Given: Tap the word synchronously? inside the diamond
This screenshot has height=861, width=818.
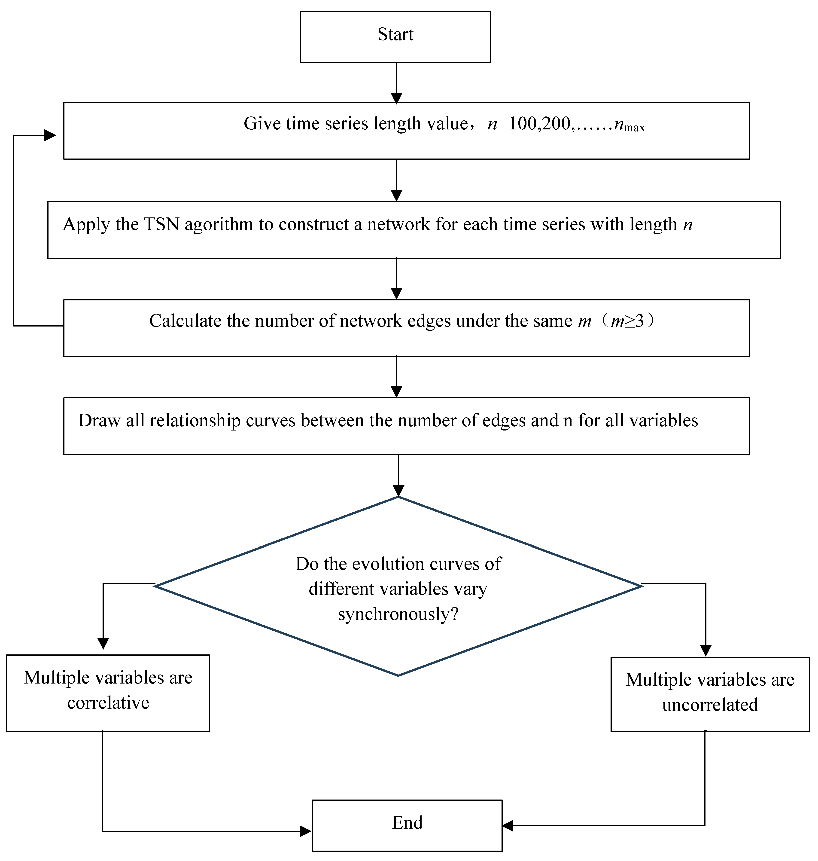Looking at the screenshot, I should coord(398,614).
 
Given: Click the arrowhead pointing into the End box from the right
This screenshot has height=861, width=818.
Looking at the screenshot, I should coord(508,826).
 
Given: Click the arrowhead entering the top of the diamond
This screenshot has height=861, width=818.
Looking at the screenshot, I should coord(398,491).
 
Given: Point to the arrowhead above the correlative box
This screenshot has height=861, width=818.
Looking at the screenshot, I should coord(103,643).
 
